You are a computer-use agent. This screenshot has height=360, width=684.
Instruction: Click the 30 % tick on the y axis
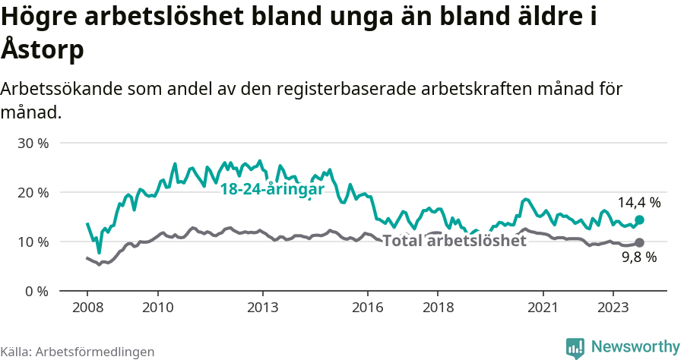(x=33, y=144)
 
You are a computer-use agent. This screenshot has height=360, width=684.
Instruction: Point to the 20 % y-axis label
(x=33, y=193)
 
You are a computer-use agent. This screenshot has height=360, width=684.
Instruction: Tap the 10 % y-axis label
(x=33, y=242)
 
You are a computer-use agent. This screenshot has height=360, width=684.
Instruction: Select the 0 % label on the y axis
(x=36, y=292)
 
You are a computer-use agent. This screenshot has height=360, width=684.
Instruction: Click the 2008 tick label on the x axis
(x=87, y=308)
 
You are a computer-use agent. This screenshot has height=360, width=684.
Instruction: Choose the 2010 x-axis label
(x=157, y=308)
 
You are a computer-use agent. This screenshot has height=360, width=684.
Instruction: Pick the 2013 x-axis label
(x=262, y=308)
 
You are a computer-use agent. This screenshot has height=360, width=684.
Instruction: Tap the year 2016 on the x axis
(x=368, y=308)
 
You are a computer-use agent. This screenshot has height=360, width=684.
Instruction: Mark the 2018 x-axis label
(x=438, y=308)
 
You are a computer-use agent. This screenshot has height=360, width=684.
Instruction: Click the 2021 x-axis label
(x=543, y=308)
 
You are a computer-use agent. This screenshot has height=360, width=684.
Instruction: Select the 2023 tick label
(x=613, y=308)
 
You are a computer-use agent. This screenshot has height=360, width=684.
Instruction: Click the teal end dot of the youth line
(x=639, y=219)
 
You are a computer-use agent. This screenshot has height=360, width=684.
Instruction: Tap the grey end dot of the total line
(x=639, y=242)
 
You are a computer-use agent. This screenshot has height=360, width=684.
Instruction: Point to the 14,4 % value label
(x=638, y=203)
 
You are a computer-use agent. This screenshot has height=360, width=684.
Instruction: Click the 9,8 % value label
(x=638, y=257)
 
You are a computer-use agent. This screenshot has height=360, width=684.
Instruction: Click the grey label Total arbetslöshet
(x=454, y=241)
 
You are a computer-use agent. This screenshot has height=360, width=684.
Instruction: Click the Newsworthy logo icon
(x=575, y=347)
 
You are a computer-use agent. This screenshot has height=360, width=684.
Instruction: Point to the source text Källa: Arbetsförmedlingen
(x=78, y=352)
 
